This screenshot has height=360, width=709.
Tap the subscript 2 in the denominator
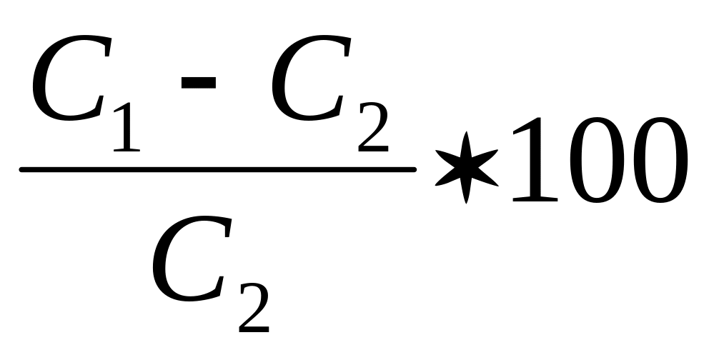tap(253, 307)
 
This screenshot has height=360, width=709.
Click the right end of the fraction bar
tap(414, 169)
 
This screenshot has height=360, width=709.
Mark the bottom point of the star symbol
tap(465, 202)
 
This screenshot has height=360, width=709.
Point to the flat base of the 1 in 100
tap(535, 199)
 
